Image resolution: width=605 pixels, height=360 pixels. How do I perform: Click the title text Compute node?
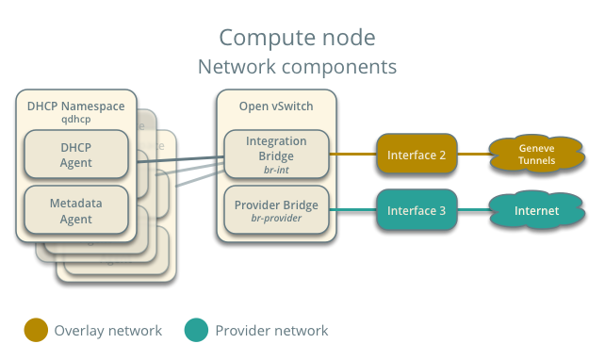click(297, 38)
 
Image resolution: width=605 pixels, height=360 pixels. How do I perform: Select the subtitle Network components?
click(297, 68)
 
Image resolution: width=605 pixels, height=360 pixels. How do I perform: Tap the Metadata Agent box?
click(76, 210)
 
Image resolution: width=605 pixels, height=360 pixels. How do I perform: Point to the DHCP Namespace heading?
click(76, 106)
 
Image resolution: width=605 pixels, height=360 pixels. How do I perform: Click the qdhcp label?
click(76, 121)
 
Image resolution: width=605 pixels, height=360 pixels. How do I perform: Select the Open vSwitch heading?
click(276, 106)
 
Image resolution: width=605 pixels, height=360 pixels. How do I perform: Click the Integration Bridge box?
click(276, 154)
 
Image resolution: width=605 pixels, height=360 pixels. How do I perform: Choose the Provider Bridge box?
click(276, 210)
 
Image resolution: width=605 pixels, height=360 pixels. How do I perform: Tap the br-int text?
click(276, 170)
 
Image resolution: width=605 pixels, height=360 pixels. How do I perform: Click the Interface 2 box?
click(417, 155)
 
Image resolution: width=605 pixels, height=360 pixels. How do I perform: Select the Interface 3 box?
click(417, 210)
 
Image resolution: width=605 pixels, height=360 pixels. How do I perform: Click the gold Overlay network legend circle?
click(36, 331)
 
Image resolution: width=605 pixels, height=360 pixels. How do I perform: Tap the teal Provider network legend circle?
click(197, 331)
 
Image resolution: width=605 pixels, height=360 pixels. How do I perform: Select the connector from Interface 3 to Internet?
click(472, 210)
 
